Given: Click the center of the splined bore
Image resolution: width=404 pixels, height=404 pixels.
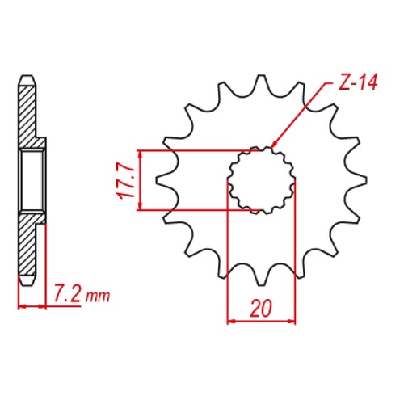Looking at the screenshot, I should (x=261, y=180).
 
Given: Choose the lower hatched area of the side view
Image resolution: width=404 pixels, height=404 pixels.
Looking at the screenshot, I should (x=29, y=246).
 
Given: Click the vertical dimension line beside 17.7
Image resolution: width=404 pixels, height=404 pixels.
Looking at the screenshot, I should (x=141, y=180).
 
